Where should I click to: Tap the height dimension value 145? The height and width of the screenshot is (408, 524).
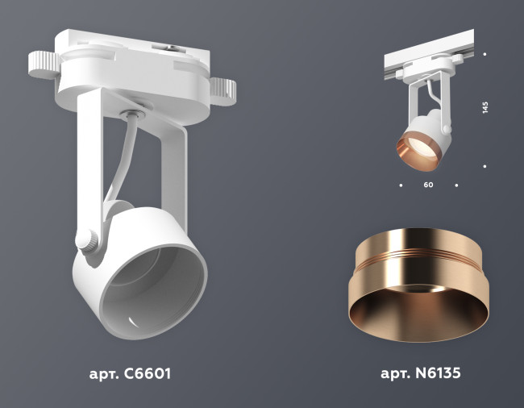[x=485, y=109]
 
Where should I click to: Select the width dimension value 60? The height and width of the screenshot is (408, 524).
[x=428, y=185]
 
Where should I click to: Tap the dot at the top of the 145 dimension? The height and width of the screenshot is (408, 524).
[x=484, y=55]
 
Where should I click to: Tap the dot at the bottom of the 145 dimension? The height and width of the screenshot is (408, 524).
[x=484, y=165]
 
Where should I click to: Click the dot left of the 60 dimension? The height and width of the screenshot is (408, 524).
[x=401, y=185]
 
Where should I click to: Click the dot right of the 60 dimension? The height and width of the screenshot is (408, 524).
[x=456, y=185]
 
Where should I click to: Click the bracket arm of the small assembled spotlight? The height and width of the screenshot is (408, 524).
[x=413, y=100]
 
